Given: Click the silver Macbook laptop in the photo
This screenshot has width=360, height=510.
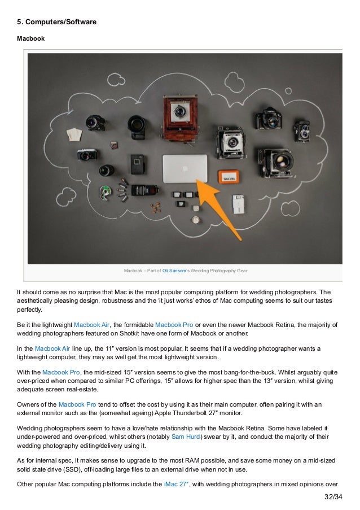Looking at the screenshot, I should tap(185, 168).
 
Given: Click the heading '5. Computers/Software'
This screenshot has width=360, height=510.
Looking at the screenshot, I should tap(56, 22).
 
